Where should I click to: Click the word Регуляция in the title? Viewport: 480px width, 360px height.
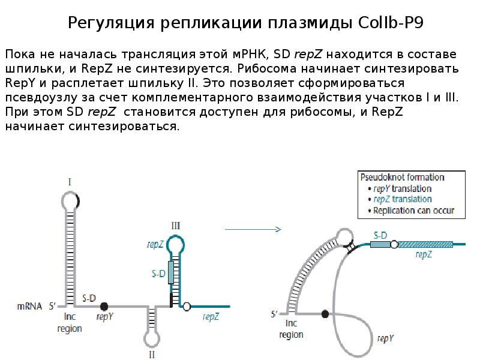pos(111,23)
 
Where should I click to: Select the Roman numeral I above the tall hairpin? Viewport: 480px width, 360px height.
pos(71,181)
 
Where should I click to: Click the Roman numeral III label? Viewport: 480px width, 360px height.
pos(175,226)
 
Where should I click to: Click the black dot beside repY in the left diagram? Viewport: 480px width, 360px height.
pos(104,306)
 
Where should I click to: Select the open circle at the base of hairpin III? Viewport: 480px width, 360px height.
pos(187,306)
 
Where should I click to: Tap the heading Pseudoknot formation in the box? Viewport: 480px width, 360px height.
pos(401,178)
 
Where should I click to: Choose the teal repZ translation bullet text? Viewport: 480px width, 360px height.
pos(402,199)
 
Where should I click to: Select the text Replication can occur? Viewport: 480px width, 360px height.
pos(413,211)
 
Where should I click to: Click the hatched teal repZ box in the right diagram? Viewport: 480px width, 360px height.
pos(425,244)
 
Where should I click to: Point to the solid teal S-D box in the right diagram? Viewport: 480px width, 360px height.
pos(379,244)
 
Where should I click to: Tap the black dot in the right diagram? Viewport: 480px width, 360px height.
pos(325,313)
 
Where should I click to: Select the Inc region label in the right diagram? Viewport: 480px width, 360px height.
pos(291,329)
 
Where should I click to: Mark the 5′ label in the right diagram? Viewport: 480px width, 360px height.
pos(274,314)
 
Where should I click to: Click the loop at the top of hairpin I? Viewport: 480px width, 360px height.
pos(71,200)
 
